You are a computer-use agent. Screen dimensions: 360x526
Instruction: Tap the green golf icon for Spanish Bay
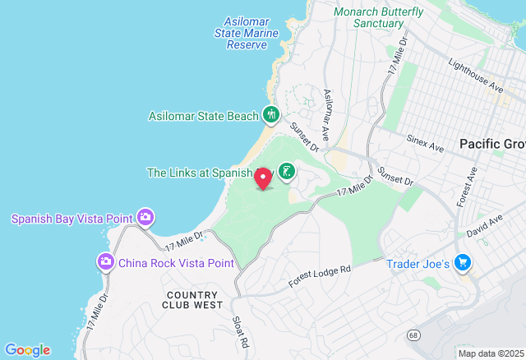pyautogui.click(x=286, y=172)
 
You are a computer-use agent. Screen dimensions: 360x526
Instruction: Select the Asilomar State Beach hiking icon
pyautogui.click(x=271, y=115)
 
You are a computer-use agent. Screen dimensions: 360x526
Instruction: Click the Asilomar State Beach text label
pyautogui.click(x=203, y=116)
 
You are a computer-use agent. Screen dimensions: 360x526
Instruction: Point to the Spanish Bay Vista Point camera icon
pyautogui.click(x=146, y=218)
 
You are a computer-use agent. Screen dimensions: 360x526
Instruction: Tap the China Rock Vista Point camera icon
pyautogui.click(x=106, y=262)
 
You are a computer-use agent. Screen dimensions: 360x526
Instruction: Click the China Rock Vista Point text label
pyautogui.click(x=176, y=263)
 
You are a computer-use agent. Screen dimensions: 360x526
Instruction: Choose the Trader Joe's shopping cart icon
pyautogui.click(x=464, y=264)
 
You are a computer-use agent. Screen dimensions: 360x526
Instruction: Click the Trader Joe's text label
pyautogui.click(x=418, y=265)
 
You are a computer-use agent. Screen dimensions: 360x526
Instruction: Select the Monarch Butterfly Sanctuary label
pyautogui.click(x=378, y=17)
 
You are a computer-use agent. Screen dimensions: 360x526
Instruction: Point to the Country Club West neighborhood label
pyautogui.click(x=194, y=299)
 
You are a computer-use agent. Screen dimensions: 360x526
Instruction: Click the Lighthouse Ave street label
pyautogui.click(x=475, y=75)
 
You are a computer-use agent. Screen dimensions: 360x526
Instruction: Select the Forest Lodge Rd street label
pyautogui.click(x=320, y=277)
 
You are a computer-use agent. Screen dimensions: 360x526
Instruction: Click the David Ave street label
pyautogui.click(x=486, y=225)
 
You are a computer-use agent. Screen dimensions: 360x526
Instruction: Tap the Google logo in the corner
pyautogui.click(x=27, y=349)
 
